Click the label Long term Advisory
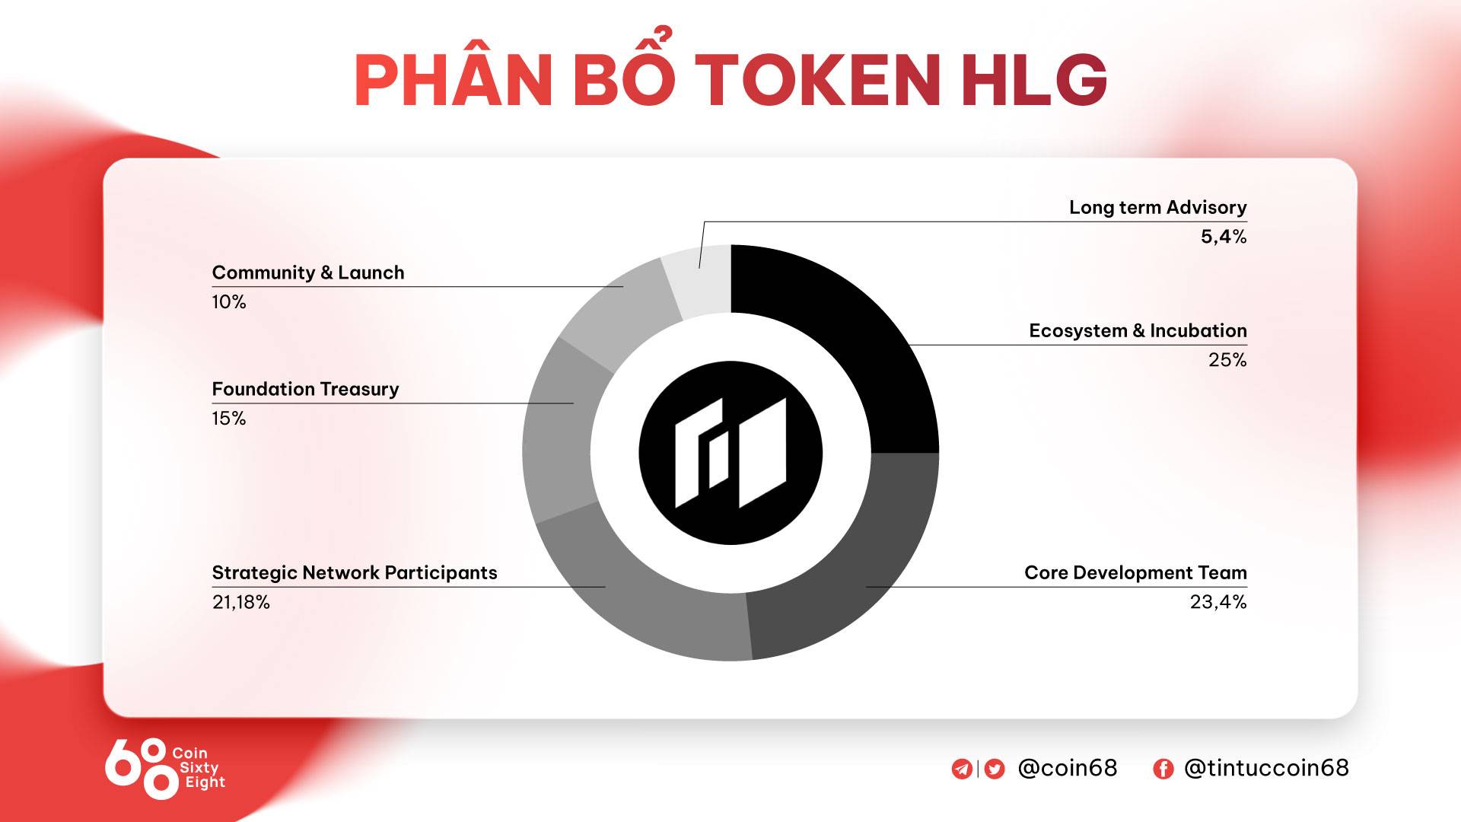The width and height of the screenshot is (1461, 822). (x=1157, y=208)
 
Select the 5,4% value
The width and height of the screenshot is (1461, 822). (x=1224, y=237)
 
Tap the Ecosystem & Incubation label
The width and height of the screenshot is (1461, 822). (x=1138, y=331)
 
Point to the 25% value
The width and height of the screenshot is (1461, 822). (x=1227, y=360)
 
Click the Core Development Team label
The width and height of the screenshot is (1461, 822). (x=1135, y=573)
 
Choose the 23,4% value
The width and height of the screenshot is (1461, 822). (x=1218, y=602)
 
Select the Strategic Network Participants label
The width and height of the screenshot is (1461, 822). (x=355, y=573)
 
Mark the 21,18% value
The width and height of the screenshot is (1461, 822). (x=241, y=602)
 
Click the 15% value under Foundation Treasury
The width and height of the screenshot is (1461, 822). (x=229, y=419)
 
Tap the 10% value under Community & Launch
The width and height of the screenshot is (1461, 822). (x=229, y=302)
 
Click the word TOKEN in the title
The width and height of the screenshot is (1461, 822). (x=818, y=80)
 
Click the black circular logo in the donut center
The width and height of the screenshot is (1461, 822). (x=730, y=453)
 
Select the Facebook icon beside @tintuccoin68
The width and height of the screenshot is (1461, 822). (x=1163, y=769)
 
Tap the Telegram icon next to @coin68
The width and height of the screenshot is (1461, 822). (x=962, y=769)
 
